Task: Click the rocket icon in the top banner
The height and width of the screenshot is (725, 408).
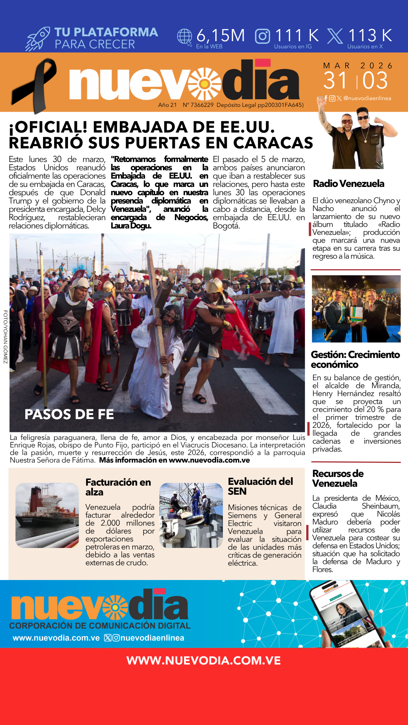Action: (38, 39)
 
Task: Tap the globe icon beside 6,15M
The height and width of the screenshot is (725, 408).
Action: (185, 37)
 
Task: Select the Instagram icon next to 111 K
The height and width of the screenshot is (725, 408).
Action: (263, 36)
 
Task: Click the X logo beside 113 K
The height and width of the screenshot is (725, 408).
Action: (335, 36)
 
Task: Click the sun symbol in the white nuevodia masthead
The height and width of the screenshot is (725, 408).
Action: (204, 84)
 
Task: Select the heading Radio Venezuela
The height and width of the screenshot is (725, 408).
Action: (348, 184)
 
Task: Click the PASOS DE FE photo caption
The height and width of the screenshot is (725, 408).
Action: (69, 414)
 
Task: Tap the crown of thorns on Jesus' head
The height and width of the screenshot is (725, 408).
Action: (171, 313)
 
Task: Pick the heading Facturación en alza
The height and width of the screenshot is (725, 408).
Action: (118, 487)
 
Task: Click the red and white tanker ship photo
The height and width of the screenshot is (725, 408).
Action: (47, 515)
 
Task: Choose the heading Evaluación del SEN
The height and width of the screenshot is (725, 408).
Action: (260, 486)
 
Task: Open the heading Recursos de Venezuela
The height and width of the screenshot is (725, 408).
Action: (338, 478)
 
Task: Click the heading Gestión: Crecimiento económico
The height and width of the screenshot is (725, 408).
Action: (355, 359)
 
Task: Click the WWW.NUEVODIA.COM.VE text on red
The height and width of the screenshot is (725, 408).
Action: (204, 660)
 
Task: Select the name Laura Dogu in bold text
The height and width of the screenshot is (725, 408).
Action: (131, 226)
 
